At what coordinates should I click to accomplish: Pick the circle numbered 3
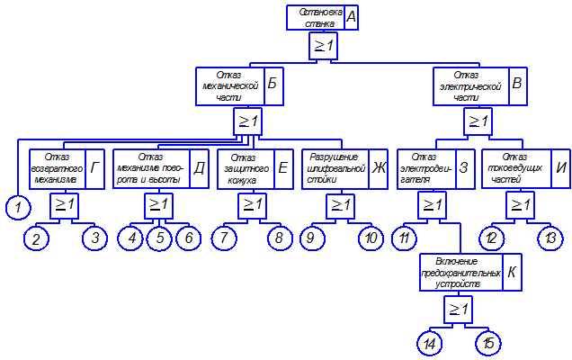pyautogui.click(x=94, y=238)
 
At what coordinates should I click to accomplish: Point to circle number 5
pyautogui.click(x=159, y=238)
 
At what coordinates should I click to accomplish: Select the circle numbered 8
pyautogui.click(x=280, y=238)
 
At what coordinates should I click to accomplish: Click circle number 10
pyautogui.click(x=370, y=238)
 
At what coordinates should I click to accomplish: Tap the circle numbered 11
pyautogui.click(x=405, y=238)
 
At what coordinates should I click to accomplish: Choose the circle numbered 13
pyautogui.click(x=549, y=238)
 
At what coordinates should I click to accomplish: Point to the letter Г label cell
pyautogui.click(x=95, y=166)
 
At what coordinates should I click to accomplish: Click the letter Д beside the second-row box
pyautogui.click(x=200, y=166)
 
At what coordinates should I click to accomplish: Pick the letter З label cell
pyautogui.click(x=464, y=166)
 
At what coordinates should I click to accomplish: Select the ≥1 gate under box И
pyautogui.click(x=519, y=206)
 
